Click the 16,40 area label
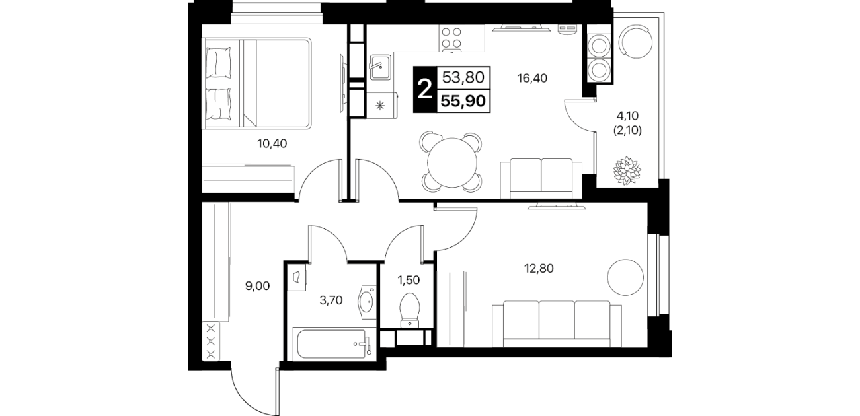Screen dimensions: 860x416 532,78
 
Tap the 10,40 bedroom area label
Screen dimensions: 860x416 272,144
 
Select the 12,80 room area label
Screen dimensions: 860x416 539,269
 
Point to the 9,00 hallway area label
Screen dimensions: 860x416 257,286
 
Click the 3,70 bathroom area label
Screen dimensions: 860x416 331,300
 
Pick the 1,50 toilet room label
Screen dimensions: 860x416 409,280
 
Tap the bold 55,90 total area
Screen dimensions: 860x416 463,101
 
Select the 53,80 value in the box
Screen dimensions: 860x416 463,77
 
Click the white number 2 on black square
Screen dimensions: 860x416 425,90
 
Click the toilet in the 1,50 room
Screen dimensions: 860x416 409,310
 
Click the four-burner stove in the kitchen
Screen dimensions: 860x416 451,38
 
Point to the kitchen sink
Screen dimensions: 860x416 380,67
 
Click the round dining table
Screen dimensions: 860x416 452,162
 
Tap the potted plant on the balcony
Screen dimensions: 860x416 627,170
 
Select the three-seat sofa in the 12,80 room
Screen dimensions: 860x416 557,324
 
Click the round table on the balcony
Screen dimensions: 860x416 635,42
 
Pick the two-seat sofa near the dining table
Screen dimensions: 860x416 541,179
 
